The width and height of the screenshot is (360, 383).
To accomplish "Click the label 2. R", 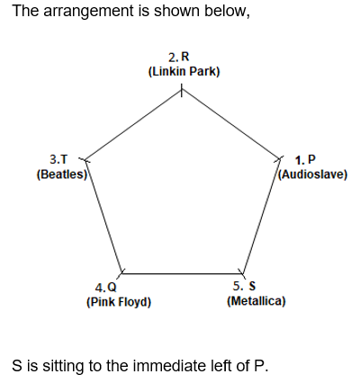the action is [179, 57].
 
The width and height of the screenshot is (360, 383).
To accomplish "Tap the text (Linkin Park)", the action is [184, 72].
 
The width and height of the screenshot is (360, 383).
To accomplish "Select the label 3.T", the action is [58, 159].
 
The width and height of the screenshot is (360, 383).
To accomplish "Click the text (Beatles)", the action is [62, 174].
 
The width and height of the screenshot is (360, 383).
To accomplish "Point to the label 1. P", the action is [305, 160].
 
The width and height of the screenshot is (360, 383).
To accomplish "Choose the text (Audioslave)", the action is [313, 174].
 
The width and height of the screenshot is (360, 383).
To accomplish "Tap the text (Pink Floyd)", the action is [119, 302].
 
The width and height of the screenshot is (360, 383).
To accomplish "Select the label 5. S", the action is [245, 286].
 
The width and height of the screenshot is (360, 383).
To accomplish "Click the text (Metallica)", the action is [256, 300].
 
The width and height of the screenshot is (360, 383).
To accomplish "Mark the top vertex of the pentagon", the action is [181, 90].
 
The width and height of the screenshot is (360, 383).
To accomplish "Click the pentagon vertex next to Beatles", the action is [85, 160].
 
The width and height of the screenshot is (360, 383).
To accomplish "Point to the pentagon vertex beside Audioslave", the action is [280, 159].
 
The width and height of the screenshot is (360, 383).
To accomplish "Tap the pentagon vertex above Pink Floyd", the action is [121, 273].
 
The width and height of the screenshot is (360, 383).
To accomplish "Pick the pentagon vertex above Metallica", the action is [242, 273].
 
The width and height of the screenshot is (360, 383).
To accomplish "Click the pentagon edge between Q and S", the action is [182, 273].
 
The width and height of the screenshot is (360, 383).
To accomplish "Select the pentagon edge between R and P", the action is [230, 124].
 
